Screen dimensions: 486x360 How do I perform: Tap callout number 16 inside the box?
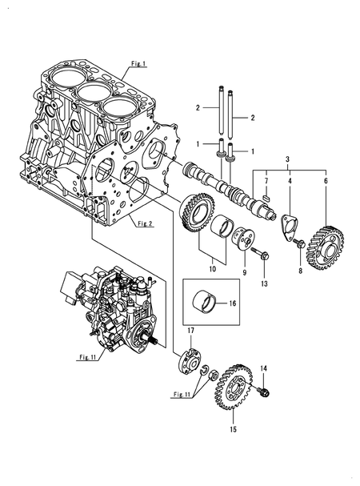234,304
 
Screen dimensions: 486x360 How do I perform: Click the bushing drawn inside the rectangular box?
207,304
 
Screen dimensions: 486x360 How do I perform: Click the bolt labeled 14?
266,392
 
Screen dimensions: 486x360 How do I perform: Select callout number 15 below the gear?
234,430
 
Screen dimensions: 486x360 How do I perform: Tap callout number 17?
191,331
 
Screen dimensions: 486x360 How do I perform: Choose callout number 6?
326,183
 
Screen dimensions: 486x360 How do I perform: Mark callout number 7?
266,183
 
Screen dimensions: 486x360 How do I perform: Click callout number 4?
289,183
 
